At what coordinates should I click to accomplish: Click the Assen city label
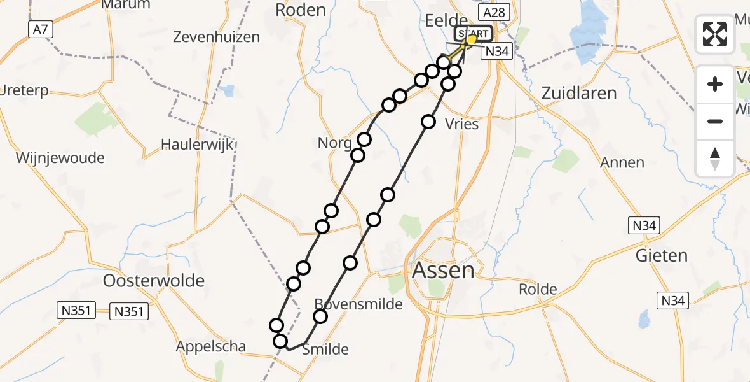click(x=444, y=271)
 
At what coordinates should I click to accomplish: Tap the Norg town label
click(x=335, y=143)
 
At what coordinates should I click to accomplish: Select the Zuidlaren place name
click(x=579, y=93)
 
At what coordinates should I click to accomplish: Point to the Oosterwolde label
click(x=154, y=280)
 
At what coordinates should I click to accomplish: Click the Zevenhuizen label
click(x=217, y=37)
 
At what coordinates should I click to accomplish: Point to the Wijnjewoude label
click(x=60, y=157)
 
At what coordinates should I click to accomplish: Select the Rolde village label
click(x=538, y=289)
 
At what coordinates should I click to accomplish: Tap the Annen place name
click(x=622, y=162)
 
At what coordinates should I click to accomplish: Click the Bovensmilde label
click(x=359, y=304)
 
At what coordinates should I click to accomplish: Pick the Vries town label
click(x=462, y=124)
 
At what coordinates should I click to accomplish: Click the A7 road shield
click(x=39, y=29)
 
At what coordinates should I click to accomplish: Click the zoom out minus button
click(x=715, y=121)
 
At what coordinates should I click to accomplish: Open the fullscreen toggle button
click(x=715, y=34)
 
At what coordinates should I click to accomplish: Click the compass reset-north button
click(x=715, y=158)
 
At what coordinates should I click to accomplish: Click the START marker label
click(x=472, y=34)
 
